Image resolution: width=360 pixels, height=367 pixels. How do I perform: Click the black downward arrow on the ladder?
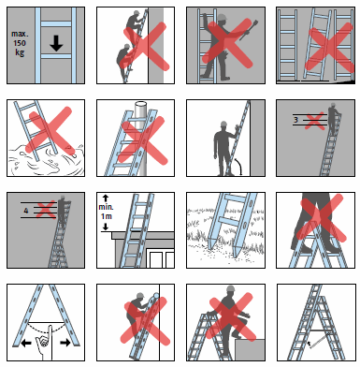(56, 43)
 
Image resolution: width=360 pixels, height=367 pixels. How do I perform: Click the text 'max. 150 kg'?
(19, 43)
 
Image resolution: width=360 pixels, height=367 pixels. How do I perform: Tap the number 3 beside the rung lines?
(295, 120)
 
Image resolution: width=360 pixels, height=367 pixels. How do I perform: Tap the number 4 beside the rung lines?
(26, 211)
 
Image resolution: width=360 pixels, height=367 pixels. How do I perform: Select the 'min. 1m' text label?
(106, 212)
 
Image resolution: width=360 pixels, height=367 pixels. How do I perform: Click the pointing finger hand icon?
(45, 343)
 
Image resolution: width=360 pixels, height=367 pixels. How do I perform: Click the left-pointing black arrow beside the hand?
(26, 344)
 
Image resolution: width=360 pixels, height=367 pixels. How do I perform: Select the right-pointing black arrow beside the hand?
(65, 343)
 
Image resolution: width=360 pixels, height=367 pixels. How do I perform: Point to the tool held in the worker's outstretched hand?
(248, 30)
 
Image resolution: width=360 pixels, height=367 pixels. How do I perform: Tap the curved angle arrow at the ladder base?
(238, 166)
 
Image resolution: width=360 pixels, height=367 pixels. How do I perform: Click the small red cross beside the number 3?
(314, 121)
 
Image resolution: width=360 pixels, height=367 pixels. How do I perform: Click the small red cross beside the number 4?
(46, 210)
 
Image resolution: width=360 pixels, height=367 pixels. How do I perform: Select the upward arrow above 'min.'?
(106, 198)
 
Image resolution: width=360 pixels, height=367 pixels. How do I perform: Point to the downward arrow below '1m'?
(106, 227)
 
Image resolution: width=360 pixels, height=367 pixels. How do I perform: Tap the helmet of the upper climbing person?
(136, 13)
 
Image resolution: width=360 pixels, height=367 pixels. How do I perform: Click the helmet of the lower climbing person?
(126, 46)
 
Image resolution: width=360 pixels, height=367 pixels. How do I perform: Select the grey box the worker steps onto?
(250, 350)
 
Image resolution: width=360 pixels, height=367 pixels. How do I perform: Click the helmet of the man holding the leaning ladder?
(223, 124)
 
